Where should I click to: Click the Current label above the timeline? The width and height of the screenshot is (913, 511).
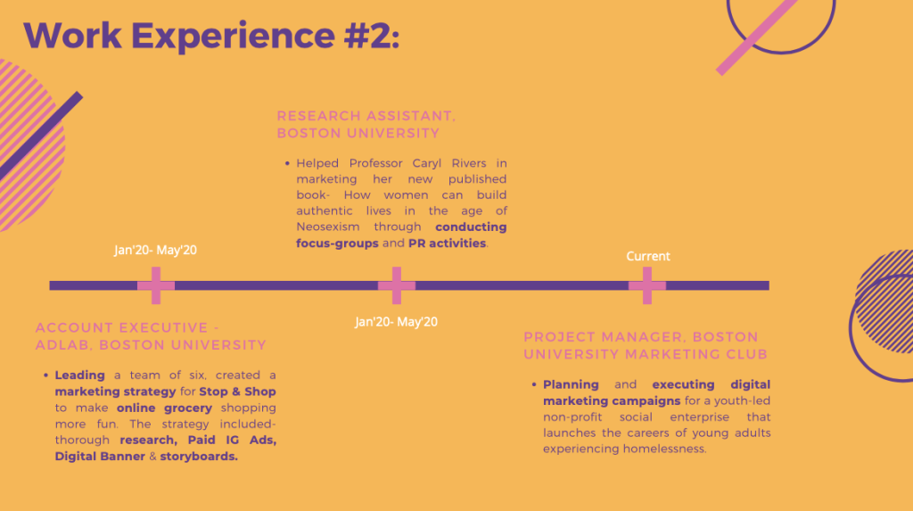coord(648,256)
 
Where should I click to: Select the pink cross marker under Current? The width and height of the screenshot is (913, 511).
coord(647,285)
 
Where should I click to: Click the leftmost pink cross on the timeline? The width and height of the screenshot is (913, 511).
coord(156,285)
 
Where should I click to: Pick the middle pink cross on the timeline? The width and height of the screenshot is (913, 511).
coord(397,285)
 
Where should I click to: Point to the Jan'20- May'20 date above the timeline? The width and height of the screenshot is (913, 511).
coord(155,250)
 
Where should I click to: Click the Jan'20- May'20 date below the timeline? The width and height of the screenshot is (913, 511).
coord(396,322)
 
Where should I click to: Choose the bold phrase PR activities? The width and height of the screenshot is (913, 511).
coord(448,243)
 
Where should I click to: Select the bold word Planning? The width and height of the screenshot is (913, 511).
coord(572,385)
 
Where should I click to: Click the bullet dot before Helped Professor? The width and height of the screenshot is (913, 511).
coord(287,163)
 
